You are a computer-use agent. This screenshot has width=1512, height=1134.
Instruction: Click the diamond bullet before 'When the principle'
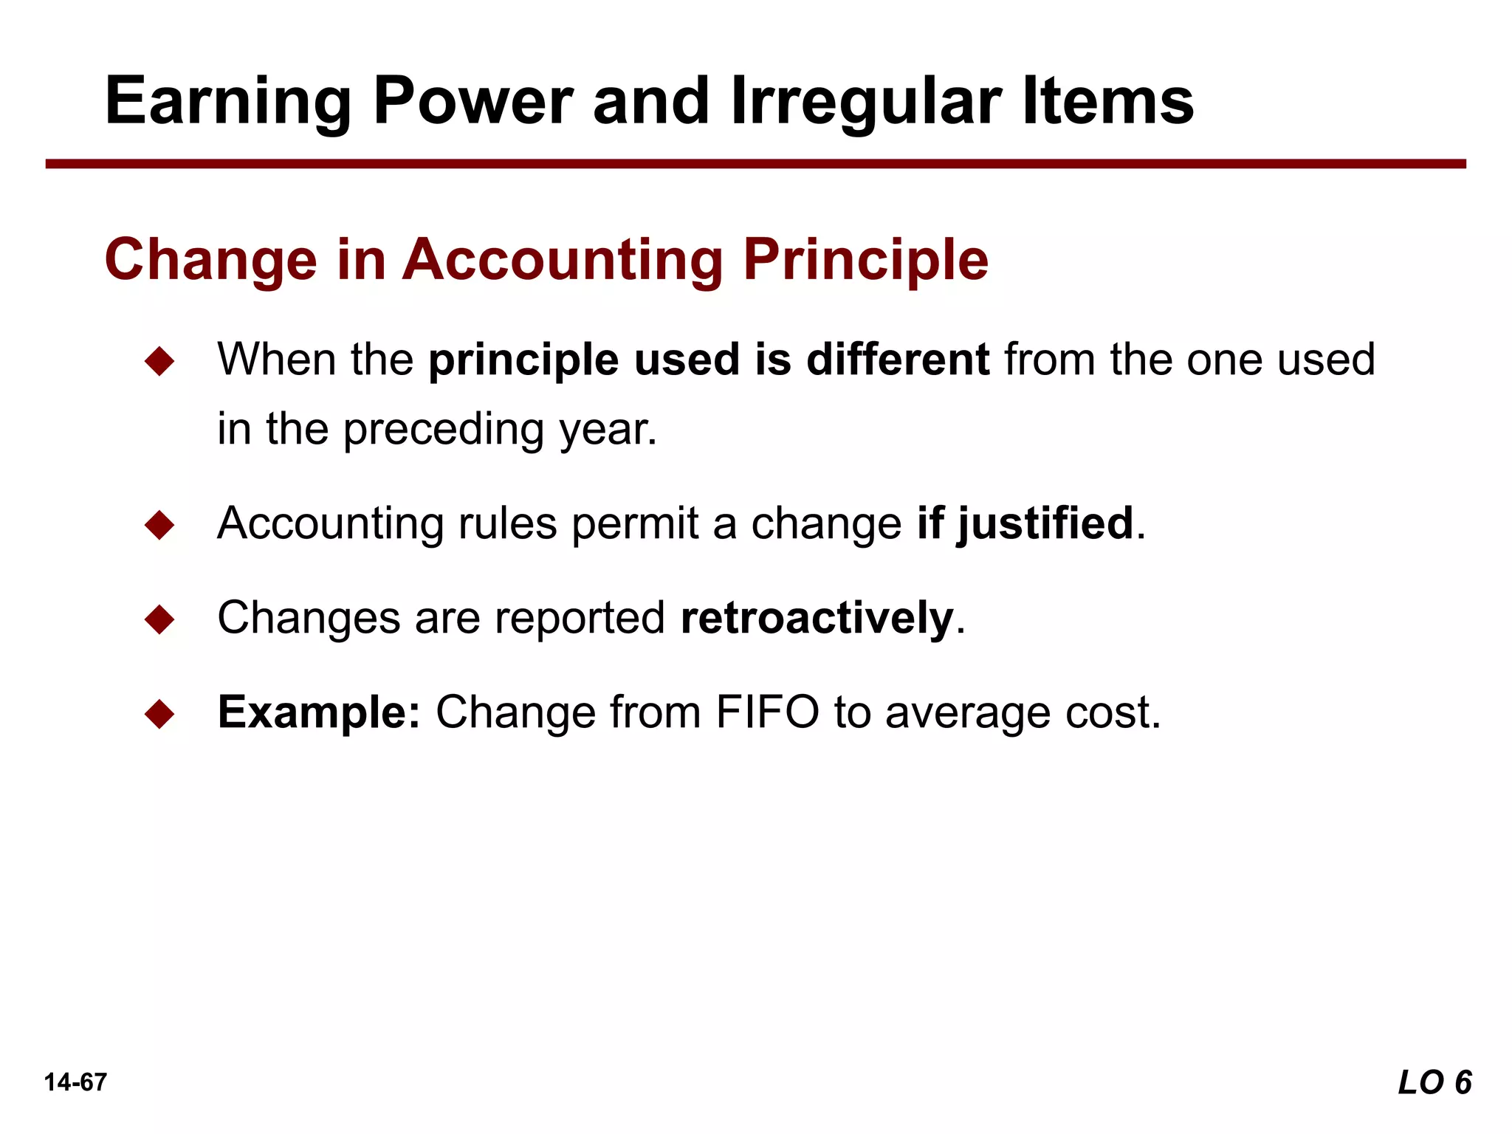pyautogui.click(x=159, y=362)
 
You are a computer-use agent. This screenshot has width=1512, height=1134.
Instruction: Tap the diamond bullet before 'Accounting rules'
pyautogui.click(x=159, y=525)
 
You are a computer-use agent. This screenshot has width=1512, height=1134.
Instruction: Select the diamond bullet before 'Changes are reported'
pyautogui.click(x=159, y=619)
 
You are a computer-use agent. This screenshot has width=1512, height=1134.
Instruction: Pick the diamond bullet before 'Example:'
pyautogui.click(x=159, y=714)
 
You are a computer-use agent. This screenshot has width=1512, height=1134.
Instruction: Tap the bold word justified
pyautogui.click(x=1045, y=524)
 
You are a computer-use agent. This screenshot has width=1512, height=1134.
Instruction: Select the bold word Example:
pyautogui.click(x=319, y=713)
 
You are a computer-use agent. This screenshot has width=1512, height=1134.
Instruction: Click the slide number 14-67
pyautogui.click(x=75, y=1082)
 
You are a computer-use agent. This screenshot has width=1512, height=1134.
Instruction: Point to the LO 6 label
pyautogui.click(x=1434, y=1082)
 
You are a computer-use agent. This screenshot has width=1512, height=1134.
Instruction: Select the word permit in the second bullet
pyautogui.click(x=635, y=524)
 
